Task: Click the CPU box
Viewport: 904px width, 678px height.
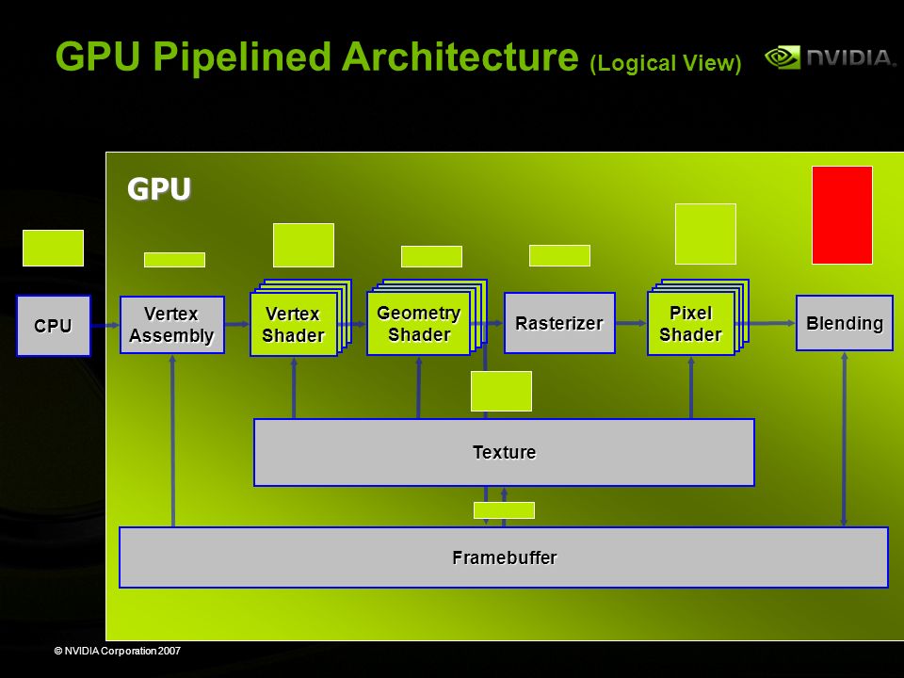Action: (x=53, y=326)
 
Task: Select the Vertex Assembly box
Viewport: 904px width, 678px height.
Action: (x=171, y=325)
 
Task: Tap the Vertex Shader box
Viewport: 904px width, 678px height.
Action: (x=294, y=324)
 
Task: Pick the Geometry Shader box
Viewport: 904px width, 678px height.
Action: (x=418, y=323)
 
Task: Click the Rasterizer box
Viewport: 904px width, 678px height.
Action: (x=559, y=323)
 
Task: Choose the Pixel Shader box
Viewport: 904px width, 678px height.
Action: (x=691, y=323)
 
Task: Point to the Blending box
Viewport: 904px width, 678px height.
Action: (x=844, y=323)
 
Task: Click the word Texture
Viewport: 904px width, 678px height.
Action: (x=505, y=452)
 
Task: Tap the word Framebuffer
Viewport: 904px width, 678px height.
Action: (x=505, y=557)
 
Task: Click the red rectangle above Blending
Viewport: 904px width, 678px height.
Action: (x=842, y=215)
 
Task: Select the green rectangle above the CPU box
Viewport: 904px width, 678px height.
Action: (x=53, y=248)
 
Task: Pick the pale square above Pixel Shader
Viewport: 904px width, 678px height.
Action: (x=705, y=234)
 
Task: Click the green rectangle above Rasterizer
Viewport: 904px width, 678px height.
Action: (x=559, y=255)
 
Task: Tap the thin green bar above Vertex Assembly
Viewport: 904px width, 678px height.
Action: (x=174, y=260)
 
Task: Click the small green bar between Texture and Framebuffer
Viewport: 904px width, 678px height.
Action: (x=504, y=510)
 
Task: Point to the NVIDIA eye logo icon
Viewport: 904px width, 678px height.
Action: (x=783, y=57)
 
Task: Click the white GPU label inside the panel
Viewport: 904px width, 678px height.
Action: (x=159, y=188)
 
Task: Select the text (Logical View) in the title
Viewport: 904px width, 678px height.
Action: (x=666, y=63)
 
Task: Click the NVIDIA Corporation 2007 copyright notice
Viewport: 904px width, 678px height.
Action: (x=118, y=651)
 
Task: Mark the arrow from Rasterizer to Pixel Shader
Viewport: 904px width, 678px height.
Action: (x=631, y=323)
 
